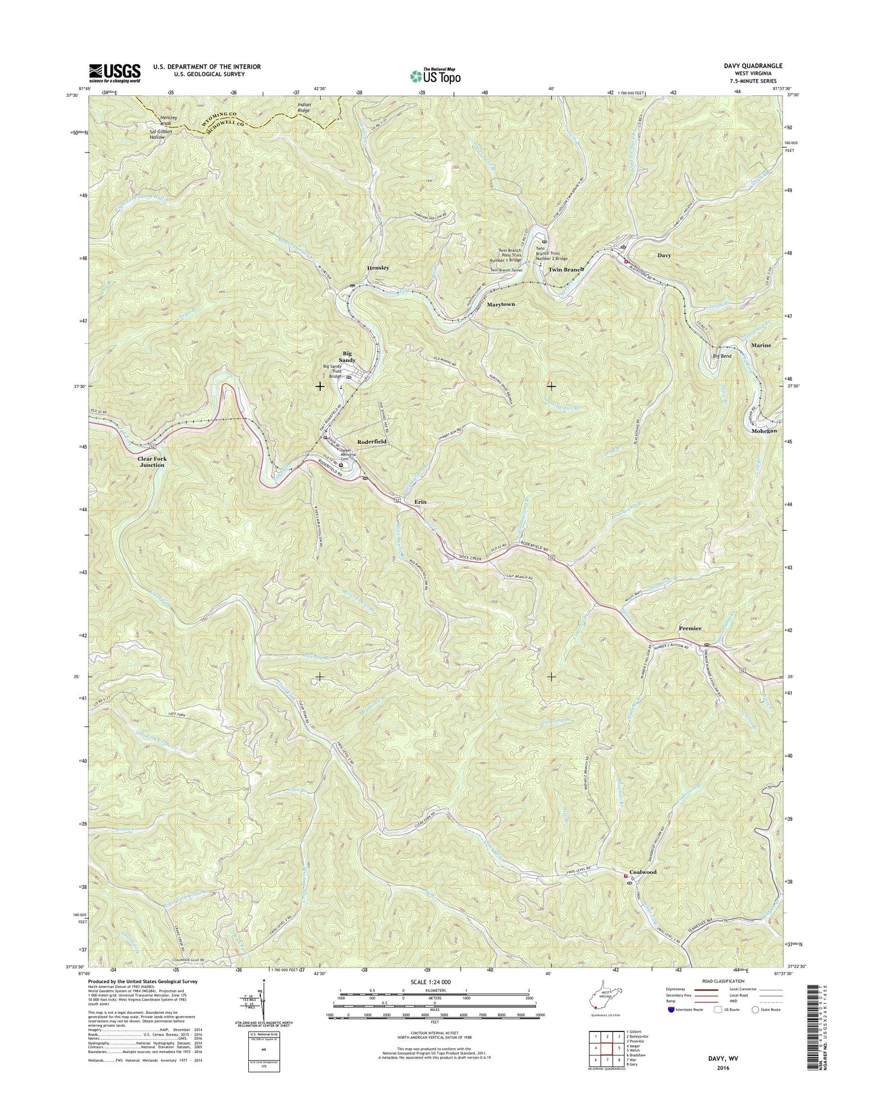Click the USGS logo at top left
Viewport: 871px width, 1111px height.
[115, 73]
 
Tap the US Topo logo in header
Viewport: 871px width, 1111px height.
[435, 76]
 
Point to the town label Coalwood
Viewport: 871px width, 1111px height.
[643, 872]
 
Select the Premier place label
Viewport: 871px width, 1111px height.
[690, 628]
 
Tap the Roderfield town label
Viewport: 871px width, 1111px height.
[372, 442]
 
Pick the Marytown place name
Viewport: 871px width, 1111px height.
[501, 305]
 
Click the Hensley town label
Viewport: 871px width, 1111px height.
[378, 268]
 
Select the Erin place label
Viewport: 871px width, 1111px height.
[420, 502]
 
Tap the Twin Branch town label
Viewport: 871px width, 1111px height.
[566, 270]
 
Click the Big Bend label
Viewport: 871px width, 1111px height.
[722, 356]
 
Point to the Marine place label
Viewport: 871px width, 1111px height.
[761, 346]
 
